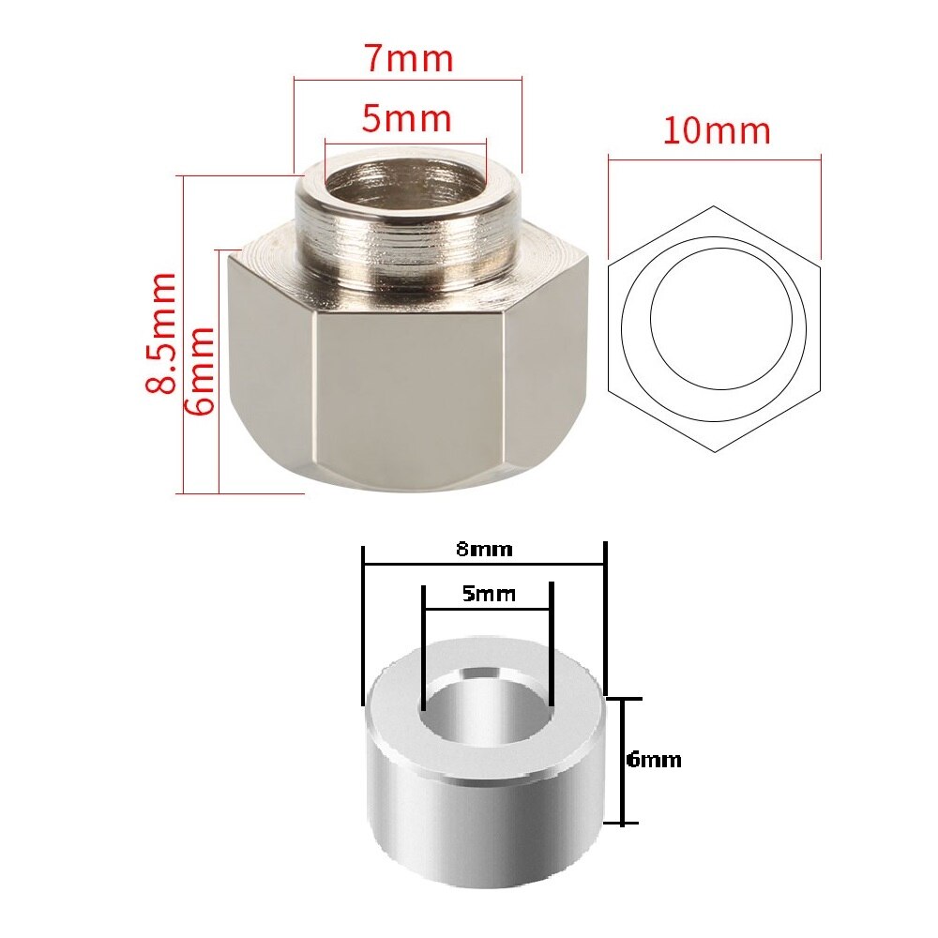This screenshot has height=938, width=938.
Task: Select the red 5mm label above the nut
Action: point(407,119)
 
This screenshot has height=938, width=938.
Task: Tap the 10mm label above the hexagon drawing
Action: point(717,130)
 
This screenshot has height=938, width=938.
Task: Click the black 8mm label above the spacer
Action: point(484,550)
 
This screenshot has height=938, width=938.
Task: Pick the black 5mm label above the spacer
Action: point(488,594)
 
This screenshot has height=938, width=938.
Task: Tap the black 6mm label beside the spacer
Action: point(654,760)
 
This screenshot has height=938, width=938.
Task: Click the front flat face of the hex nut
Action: point(410,394)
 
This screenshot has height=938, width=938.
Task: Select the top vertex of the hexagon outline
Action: point(714,206)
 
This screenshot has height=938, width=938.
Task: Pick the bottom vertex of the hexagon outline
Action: point(714,451)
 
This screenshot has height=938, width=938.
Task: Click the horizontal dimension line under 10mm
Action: point(714,158)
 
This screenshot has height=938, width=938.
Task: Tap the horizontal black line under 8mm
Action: point(484,565)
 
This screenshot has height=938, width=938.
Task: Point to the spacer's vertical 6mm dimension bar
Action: point(622,761)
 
